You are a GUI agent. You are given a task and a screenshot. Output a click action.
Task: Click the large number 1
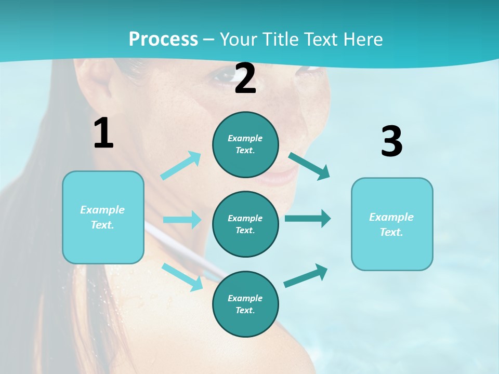[103, 133]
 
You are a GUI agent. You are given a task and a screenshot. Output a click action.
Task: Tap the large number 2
[245, 79]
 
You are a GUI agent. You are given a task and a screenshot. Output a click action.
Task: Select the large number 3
[391, 141]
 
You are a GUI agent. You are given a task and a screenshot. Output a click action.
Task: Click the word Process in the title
[163, 39]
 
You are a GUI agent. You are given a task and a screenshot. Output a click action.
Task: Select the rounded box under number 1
[103, 217]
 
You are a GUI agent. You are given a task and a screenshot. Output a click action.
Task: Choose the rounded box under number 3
[392, 224]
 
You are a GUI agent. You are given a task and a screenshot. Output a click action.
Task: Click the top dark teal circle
[245, 144]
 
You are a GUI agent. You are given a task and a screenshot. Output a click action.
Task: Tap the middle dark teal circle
[245, 224]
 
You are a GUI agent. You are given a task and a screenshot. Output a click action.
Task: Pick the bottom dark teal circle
[245, 304]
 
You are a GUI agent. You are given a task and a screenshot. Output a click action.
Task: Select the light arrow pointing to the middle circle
[182, 220]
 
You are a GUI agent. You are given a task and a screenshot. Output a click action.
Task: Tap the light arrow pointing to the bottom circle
[182, 276]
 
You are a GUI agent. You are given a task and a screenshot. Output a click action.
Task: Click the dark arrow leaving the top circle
[309, 166]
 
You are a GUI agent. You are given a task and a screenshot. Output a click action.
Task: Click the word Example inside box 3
[391, 217]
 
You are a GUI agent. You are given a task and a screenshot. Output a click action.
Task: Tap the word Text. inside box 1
[102, 225]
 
